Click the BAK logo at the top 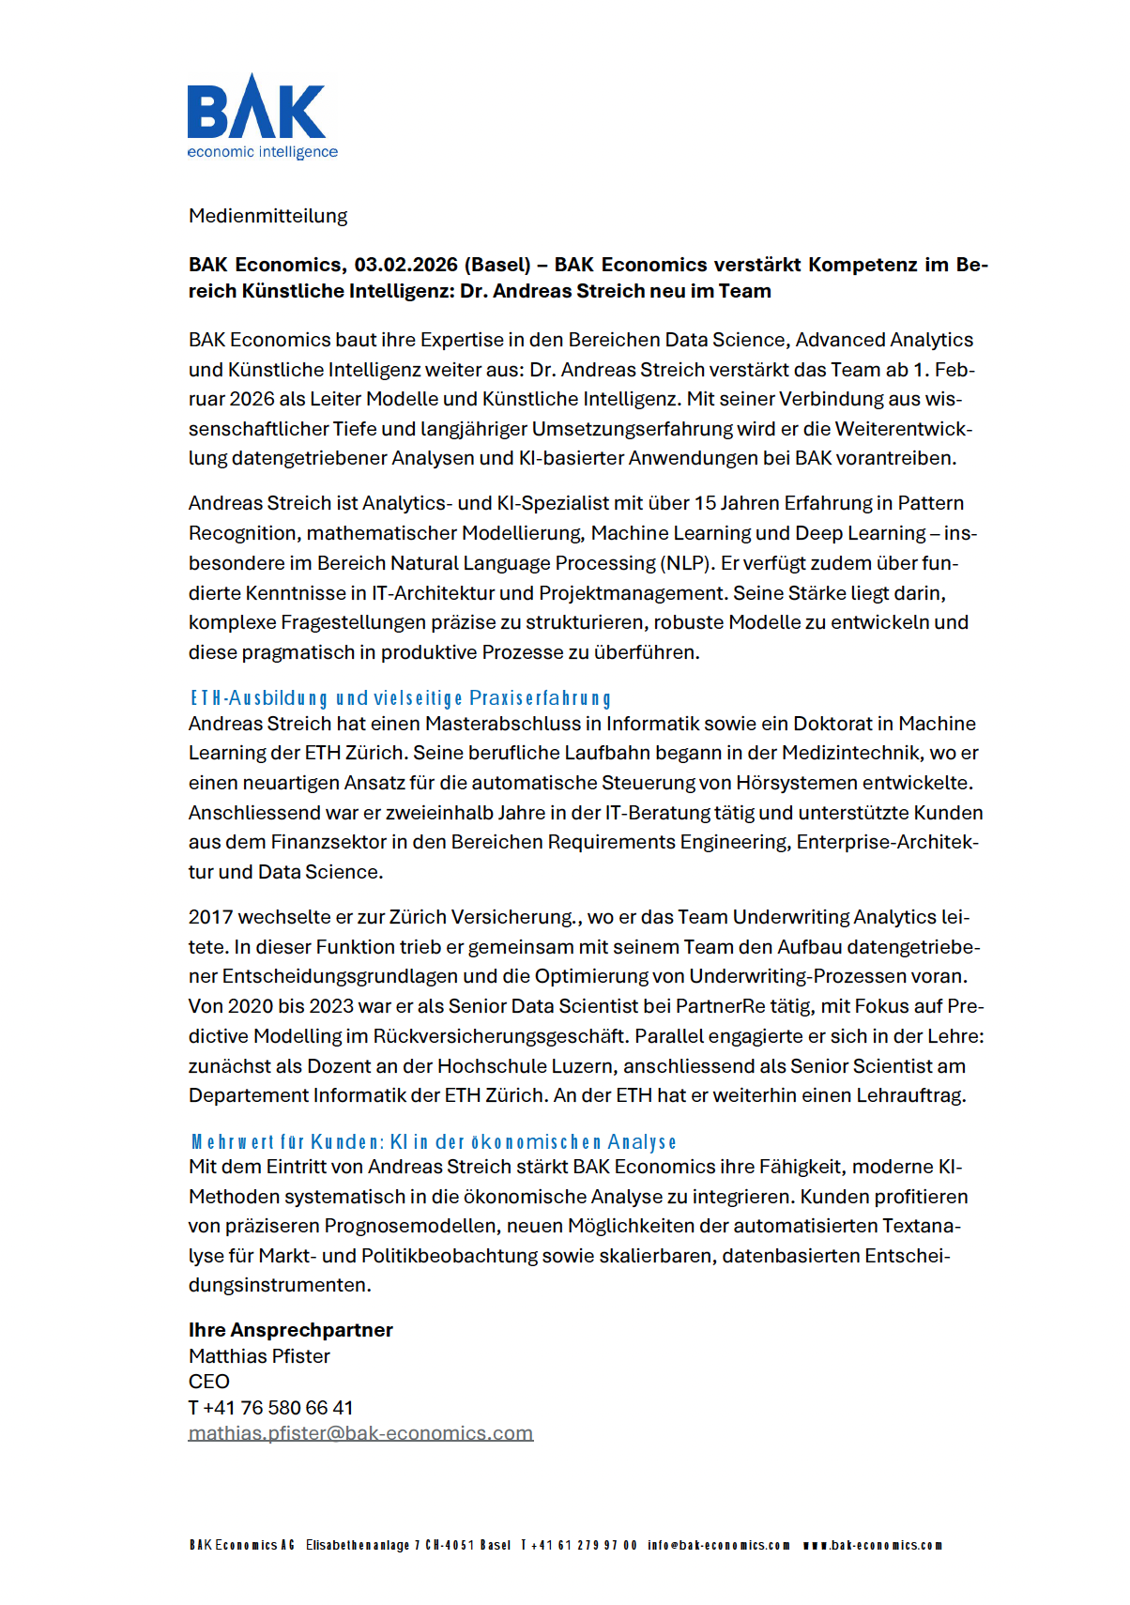(x=256, y=108)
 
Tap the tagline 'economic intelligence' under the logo (x=262, y=152)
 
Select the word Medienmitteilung (x=267, y=216)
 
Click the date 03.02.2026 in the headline (x=405, y=265)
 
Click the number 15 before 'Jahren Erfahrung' (x=705, y=503)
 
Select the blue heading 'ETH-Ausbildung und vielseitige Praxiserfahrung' (x=401, y=698)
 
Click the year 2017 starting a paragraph (x=210, y=917)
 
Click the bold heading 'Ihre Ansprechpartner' (x=290, y=1330)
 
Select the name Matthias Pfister (x=259, y=1356)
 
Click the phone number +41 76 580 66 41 (x=278, y=1408)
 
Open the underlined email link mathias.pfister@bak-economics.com (x=360, y=1433)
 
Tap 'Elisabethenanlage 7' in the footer (x=361, y=1545)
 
